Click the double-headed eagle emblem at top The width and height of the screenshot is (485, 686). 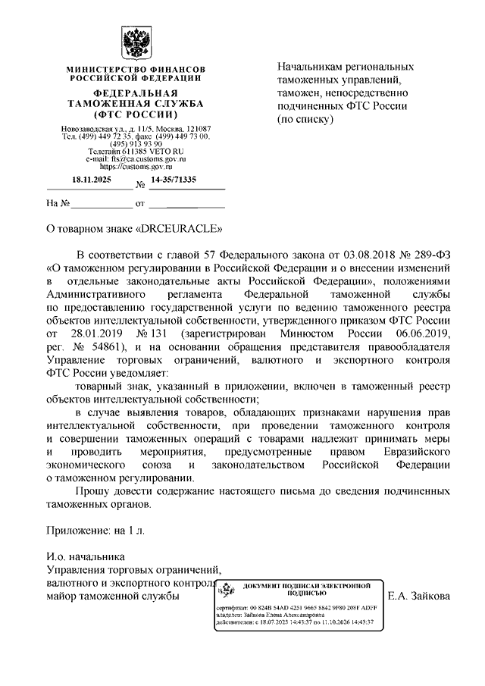tap(133, 42)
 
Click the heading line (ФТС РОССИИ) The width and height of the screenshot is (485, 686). tap(133, 114)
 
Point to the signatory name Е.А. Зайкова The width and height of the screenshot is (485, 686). tap(418, 597)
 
